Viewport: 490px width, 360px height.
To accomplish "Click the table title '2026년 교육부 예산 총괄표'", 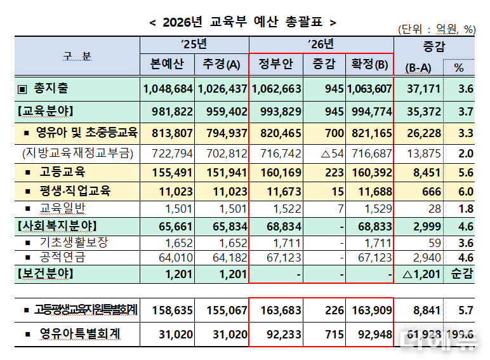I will pyautogui.click(x=244, y=22).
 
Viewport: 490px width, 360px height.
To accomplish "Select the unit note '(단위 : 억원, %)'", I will pyautogui.click(x=437, y=29).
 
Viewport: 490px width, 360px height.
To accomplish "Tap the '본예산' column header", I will pyautogui.click(x=167, y=65).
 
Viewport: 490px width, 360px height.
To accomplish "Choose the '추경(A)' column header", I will pyautogui.click(x=222, y=65).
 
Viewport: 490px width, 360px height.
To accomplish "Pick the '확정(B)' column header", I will pyautogui.click(x=369, y=65).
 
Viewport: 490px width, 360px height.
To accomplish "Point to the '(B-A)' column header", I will pyautogui.click(x=418, y=67).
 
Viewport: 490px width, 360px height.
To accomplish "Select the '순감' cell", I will pyautogui.click(x=461, y=274).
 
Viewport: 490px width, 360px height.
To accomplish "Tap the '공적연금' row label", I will pyautogui.click(x=62, y=257).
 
